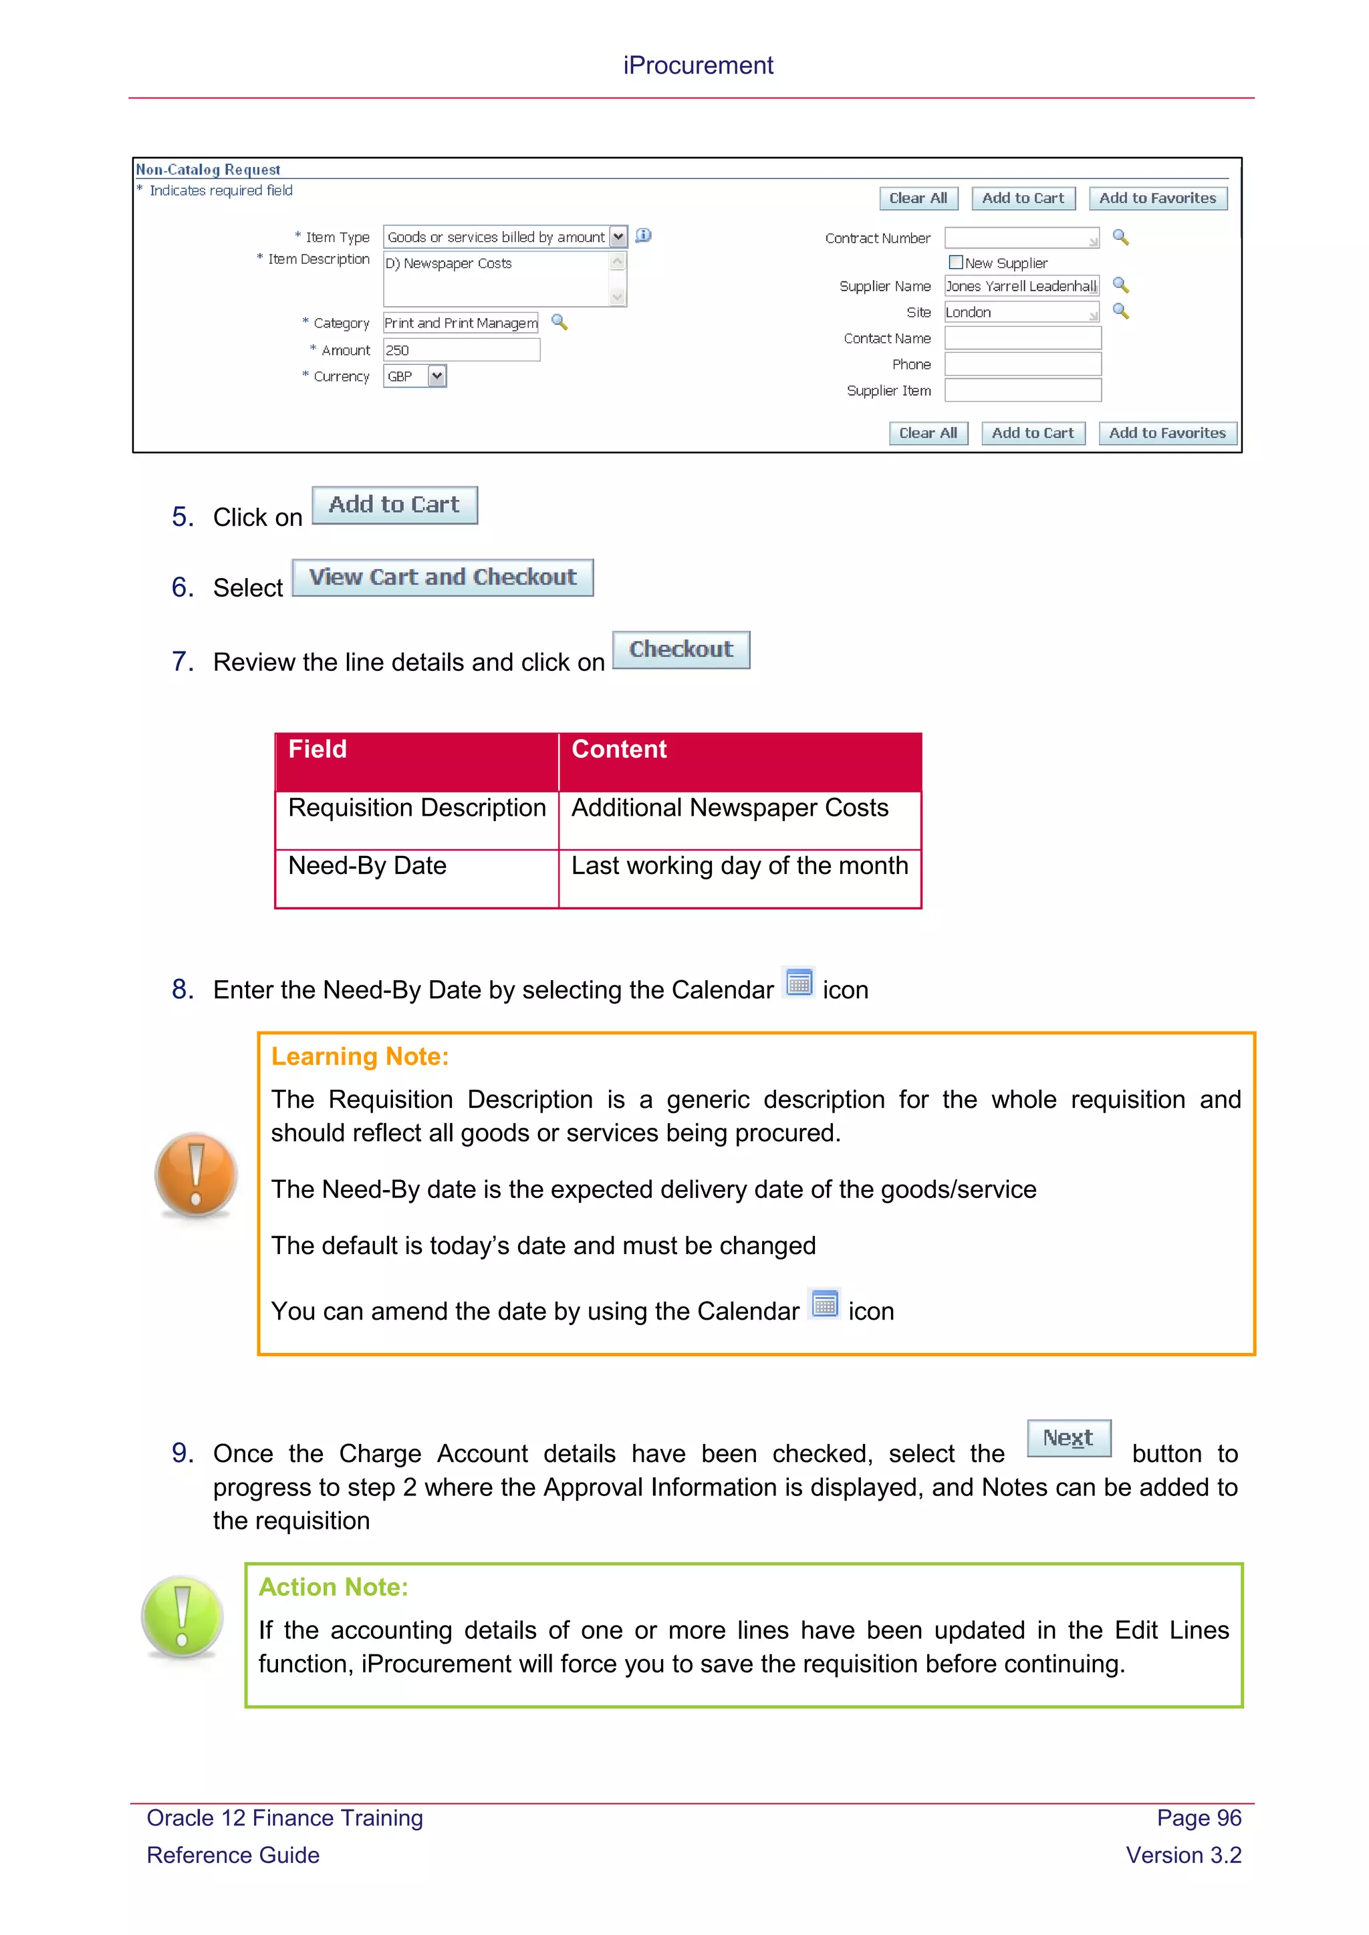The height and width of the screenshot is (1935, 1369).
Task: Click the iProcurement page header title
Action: click(697, 65)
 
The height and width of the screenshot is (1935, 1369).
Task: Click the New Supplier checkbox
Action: click(955, 262)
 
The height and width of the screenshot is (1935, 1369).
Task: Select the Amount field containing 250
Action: click(461, 349)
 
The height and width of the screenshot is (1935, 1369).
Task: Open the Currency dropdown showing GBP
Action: click(437, 376)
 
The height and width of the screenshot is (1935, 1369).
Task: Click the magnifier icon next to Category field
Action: click(559, 322)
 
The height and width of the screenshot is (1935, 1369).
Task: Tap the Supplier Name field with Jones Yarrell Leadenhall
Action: click(1021, 287)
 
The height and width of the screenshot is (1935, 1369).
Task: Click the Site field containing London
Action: click(1021, 313)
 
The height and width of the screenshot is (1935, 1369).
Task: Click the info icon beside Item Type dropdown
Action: click(643, 236)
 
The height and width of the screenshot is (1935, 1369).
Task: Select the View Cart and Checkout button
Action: click(443, 577)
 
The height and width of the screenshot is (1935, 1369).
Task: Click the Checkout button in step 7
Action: click(680, 649)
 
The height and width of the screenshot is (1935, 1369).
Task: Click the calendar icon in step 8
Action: click(798, 983)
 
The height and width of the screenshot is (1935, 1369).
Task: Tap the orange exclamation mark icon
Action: click(196, 1174)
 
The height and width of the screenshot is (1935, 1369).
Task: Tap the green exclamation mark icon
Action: click(182, 1616)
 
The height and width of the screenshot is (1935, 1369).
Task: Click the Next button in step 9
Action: click(1068, 1438)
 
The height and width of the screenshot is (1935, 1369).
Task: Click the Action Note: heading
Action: click(333, 1587)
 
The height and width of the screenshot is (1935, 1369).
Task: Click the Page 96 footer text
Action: click(1198, 1818)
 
